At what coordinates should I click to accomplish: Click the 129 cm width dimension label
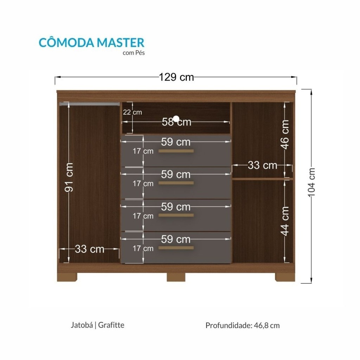point(176,77)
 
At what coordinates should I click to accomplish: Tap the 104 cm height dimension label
point(311,182)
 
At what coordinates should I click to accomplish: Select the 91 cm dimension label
point(69,177)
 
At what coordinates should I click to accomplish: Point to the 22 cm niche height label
point(132,112)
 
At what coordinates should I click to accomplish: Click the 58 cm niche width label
point(176,122)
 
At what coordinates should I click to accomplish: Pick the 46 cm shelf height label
point(284,135)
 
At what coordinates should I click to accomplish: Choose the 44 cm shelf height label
point(284,221)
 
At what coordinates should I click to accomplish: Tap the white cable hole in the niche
point(176,119)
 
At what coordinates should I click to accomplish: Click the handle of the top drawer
point(176,151)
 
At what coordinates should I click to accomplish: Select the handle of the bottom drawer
point(176,248)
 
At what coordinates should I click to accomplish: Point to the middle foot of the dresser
point(176,277)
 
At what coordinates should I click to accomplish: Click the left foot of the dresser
point(67,277)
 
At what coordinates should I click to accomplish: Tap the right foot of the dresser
point(285,277)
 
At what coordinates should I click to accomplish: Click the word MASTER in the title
point(121,43)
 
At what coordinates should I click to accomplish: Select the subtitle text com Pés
point(134,53)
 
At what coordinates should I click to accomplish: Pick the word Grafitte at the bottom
point(111,325)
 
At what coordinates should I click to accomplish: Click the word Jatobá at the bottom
point(82,325)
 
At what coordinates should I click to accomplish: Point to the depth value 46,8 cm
point(267,326)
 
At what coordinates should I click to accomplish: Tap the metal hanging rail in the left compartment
point(90,104)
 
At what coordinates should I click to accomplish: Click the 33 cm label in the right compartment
point(262,165)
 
